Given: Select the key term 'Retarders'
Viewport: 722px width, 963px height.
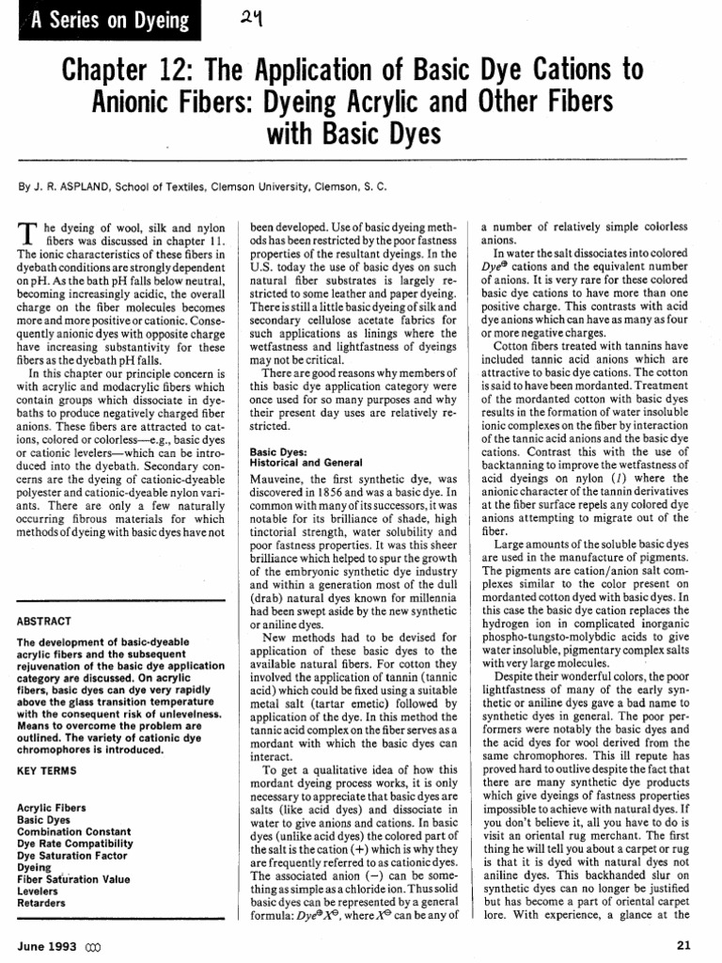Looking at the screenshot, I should click(42, 903).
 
